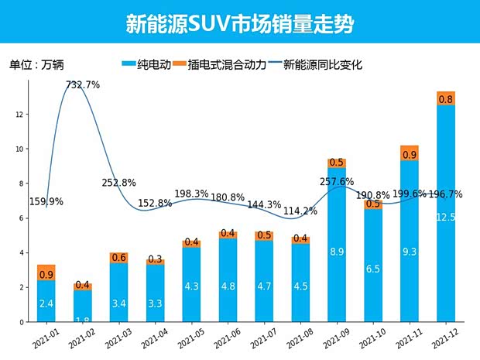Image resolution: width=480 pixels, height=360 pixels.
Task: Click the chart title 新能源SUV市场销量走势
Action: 239,23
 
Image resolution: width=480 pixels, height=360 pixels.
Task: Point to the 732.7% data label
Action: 83,85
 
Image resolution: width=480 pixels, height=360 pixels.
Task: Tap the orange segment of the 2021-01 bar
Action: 46,273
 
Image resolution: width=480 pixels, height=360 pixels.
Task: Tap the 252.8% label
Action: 118,183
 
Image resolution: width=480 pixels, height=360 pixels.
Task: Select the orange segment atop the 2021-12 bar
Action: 445,98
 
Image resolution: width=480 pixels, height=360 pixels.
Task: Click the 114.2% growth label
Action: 300,211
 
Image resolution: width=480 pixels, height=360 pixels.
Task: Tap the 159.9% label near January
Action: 46,201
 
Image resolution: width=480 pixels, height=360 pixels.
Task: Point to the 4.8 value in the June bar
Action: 228,286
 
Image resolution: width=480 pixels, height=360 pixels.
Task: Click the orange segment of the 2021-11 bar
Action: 409,153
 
